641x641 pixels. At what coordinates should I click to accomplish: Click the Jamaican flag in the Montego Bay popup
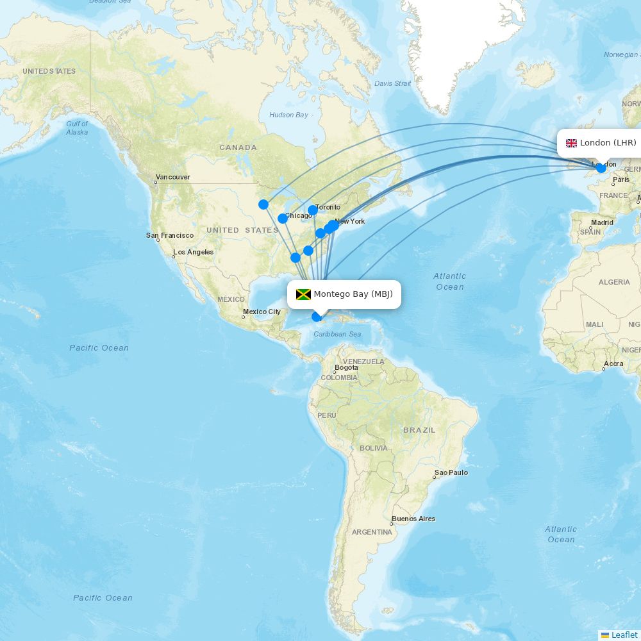303,294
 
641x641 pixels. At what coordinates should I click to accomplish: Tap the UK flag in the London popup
571,143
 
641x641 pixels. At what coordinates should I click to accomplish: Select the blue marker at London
601,168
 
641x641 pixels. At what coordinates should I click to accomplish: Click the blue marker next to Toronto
313,210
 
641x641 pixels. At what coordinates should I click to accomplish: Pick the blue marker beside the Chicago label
283,219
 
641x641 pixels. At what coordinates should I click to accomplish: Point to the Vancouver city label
172,177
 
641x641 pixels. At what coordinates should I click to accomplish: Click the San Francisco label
170,235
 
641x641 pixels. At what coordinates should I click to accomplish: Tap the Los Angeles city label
193,252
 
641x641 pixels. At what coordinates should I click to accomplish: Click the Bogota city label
346,368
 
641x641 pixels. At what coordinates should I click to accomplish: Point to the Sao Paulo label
451,472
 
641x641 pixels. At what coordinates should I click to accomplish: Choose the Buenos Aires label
413,519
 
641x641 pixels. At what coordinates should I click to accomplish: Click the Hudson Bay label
288,115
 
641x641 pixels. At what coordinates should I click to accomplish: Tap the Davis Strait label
392,83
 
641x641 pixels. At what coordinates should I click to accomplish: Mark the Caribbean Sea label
337,334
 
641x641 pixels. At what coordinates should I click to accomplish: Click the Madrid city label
602,222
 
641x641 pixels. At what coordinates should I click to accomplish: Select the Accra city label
613,363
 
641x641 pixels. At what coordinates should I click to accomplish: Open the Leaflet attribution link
624,635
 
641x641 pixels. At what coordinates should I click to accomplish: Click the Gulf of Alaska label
77,128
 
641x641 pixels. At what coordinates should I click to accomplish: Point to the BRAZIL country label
419,429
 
